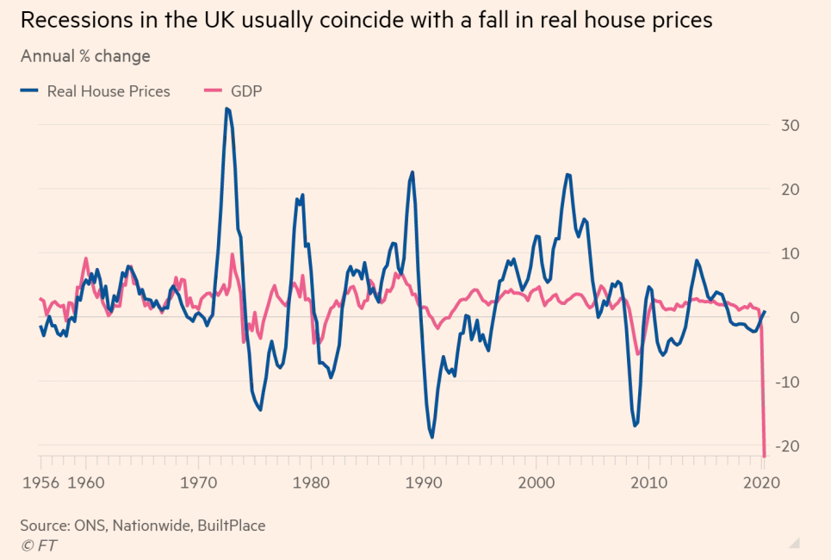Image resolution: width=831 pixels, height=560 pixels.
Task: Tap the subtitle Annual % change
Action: [85, 57]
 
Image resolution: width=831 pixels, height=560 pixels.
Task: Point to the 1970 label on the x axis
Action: [200, 482]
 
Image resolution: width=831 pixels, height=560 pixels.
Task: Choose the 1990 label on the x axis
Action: [424, 482]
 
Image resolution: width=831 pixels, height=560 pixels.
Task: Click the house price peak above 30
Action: [226, 109]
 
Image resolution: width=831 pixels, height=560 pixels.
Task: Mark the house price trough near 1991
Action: [431, 437]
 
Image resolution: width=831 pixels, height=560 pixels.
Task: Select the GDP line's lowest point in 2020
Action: [765, 456]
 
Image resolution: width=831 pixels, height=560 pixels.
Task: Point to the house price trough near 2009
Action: [635, 426]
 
